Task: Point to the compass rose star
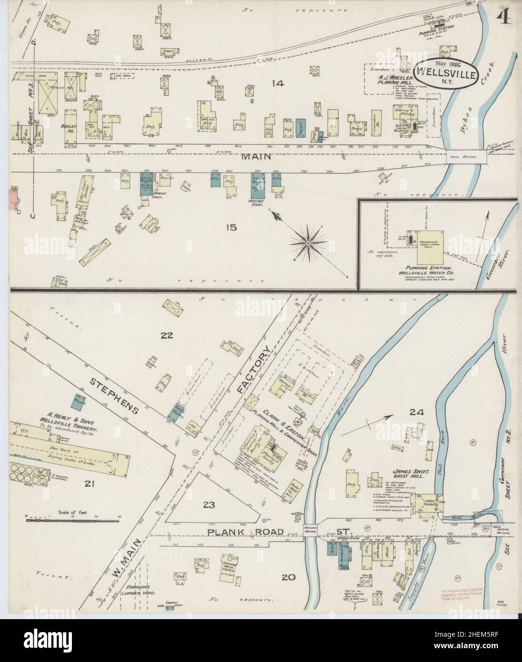click(309, 243)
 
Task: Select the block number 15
click(231, 227)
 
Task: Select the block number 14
click(277, 83)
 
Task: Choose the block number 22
click(166, 335)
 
